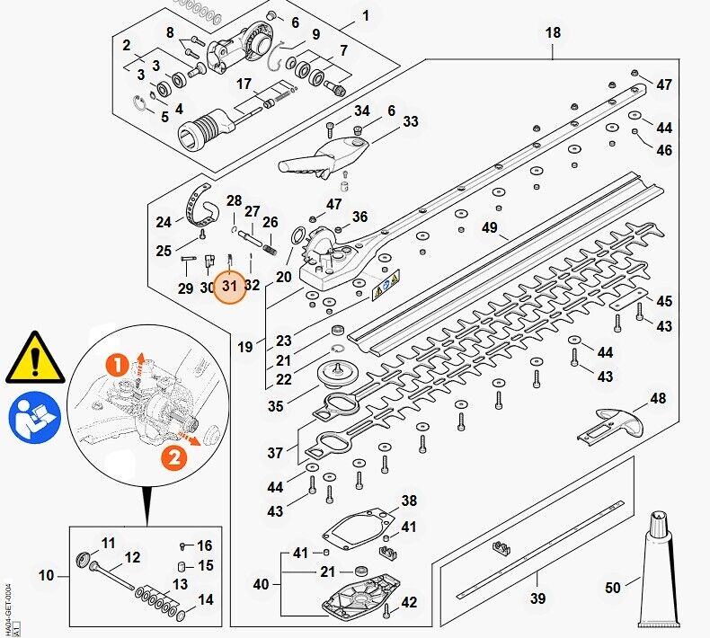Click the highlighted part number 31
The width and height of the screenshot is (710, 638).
pyautogui.click(x=229, y=287)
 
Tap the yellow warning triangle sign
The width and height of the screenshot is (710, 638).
pyautogui.click(x=35, y=358)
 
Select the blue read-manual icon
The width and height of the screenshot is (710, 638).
pyautogui.click(x=34, y=419)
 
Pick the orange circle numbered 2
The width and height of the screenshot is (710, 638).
pyautogui.click(x=173, y=458)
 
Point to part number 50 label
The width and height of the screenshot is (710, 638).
pyautogui.click(x=613, y=588)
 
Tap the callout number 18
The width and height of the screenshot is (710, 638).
pyautogui.click(x=553, y=33)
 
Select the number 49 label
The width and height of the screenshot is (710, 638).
pyautogui.click(x=489, y=228)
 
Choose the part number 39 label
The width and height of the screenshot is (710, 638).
pyautogui.click(x=537, y=599)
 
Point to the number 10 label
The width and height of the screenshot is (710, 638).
pyautogui.click(x=47, y=575)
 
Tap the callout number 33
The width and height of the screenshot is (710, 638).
pyautogui.click(x=411, y=121)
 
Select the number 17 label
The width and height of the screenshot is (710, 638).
pyautogui.click(x=244, y=84)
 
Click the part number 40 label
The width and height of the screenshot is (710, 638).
pyautogui.click(x=261, y=584)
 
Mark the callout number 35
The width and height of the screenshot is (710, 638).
pyautogui.click(x=275, y=406)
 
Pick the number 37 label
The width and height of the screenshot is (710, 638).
pyautogui.click(x=275, y=453)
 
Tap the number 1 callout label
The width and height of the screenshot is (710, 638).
pyautogui.click(x=365, y=15)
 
